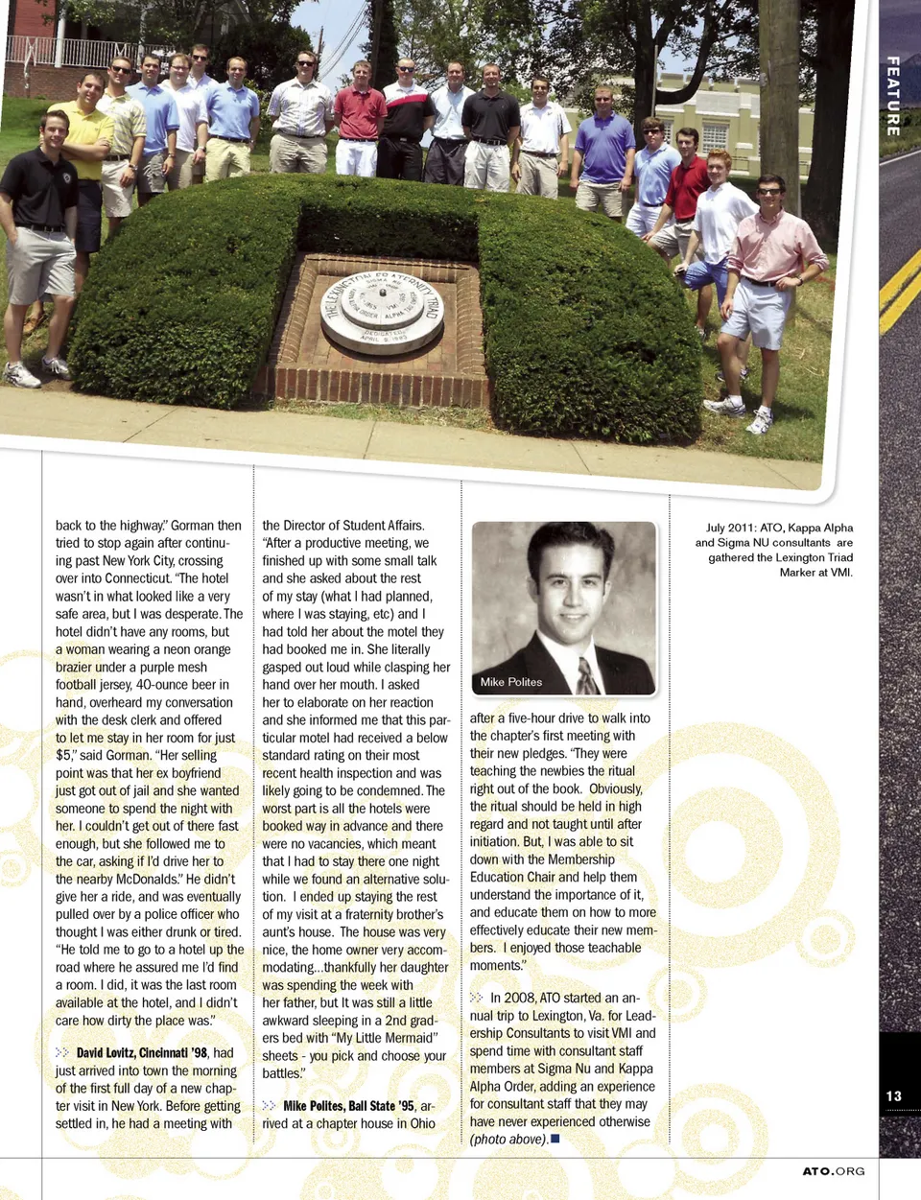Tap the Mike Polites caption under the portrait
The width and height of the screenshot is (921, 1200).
pyautogui.click(x=511, y=682)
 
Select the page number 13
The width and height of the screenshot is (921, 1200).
pyautogui.click(x=894, y=1095)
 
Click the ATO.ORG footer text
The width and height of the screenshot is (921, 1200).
pyautogui.click(x=834, y=1171)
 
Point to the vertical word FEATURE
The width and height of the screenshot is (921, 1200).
pyautogui.click(x=893, y=96)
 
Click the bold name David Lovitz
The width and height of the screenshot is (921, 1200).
pyautogui.click(x=106, y=1053)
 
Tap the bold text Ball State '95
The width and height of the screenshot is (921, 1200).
pyautogui.click(x=382, y=1106)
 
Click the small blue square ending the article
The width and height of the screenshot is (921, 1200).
pyautogui.click(x=555, y=1139)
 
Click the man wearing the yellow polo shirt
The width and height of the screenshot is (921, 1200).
pyautogui.click(x=84, y=144)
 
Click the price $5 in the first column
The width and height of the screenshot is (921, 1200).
pyautogui.click(x=63, y=756)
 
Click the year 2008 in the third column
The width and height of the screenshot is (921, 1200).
pyautogui.click(x=519, y=998)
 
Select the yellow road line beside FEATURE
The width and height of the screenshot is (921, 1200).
pyautogui.click(x=900, y=288)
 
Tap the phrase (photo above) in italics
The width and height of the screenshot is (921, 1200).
pyautogui.click(x=508, y=1140)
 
